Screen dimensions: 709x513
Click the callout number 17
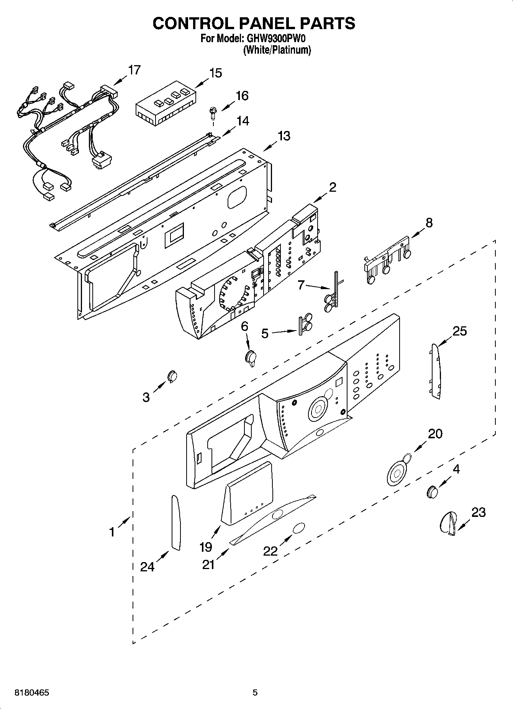134,70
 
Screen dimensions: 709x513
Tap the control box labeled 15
166,104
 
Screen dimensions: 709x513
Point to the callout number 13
284,136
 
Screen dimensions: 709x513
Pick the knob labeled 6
251,358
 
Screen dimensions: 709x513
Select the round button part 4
432,492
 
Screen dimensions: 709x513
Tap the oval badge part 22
298,528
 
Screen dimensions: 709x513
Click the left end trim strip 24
175,522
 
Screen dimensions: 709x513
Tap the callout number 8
429,222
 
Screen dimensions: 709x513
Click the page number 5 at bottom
255,693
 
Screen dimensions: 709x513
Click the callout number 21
208,564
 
